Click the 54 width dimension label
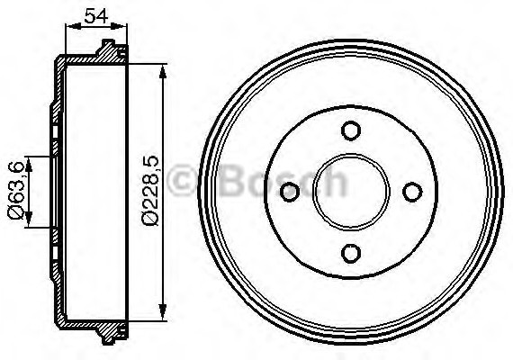click(96, 15)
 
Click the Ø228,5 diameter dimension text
click(151, 191)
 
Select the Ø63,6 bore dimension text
click(16, 190)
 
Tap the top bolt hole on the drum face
click(351, 130)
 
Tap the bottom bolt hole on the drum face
click(351, 253)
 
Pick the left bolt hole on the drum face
click(290, 192)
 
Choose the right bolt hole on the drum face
click(412, 192)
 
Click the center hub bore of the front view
click(351, 192)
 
